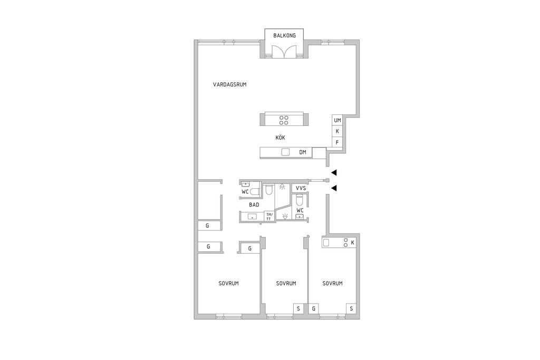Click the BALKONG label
284,35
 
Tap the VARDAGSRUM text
230,84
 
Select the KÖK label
281,138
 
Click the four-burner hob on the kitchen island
284,120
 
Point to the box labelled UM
337,120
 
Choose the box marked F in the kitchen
337,142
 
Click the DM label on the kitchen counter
303,152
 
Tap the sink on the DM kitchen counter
285,152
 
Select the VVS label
301,188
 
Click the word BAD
254,205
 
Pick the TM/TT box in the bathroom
268,217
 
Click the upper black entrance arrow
334,173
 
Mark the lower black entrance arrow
334,188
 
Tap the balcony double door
284,52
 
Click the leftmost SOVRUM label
229,283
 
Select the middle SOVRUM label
286,283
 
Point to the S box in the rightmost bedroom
351,309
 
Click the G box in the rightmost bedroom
314,309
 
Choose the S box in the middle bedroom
298,309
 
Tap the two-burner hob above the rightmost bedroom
345,242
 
